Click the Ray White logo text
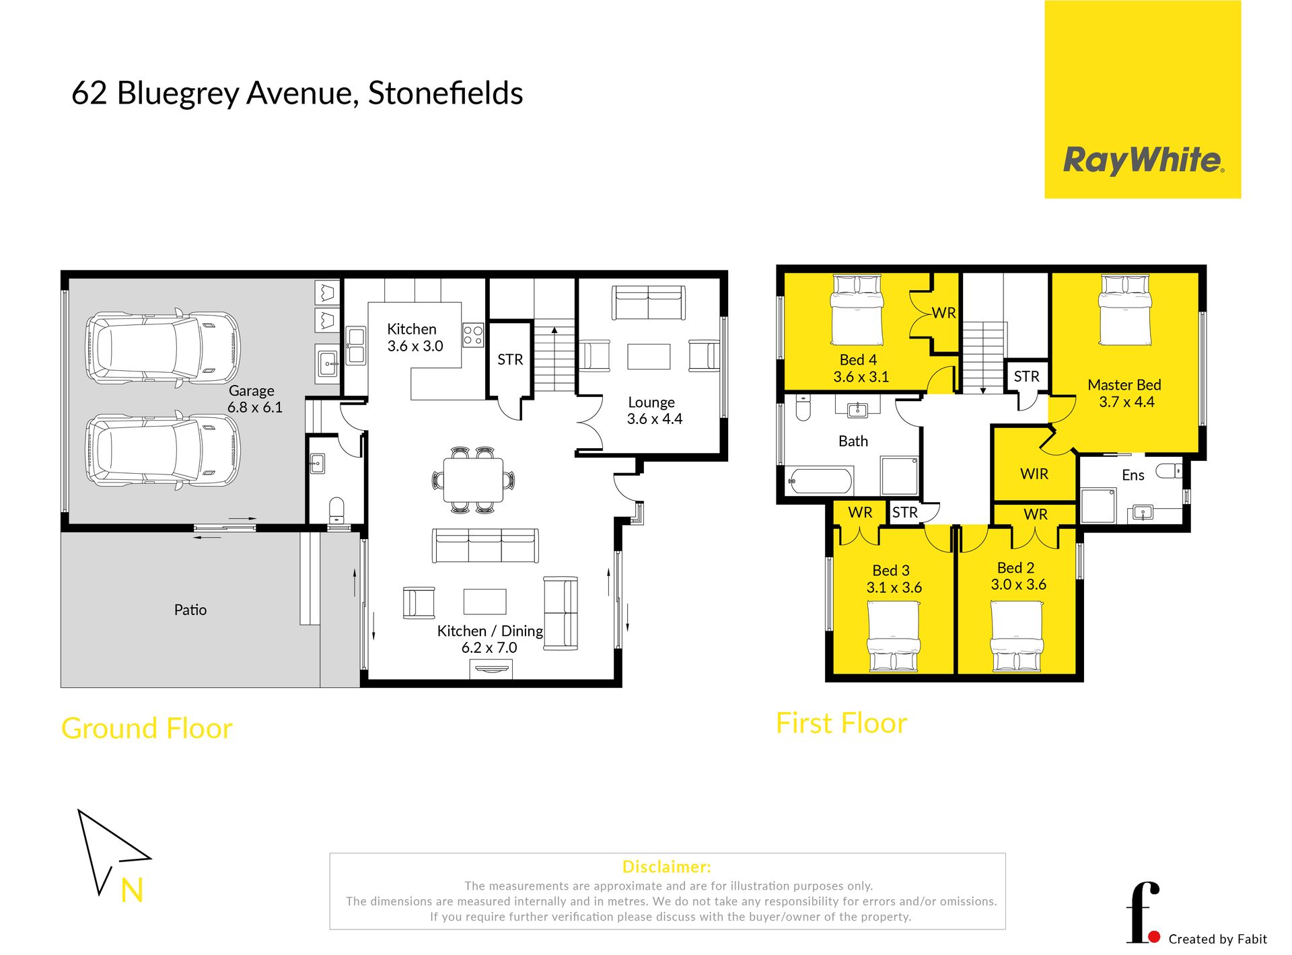click(1143, 161)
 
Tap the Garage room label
click(252, 390)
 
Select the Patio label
click(190, 610)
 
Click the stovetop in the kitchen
click(473, 335)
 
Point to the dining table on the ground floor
click(473, 480)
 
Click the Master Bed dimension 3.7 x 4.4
click(1126, 402)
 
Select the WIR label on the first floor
click(1034, 474)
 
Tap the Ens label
click(1133, 475)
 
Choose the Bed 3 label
click(891, 571)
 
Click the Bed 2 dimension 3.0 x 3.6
click(1018, 584)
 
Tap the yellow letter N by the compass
click(132, 890)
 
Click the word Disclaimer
click(666, 867)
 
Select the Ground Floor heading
click(147, 728)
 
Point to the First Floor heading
click(841, 723)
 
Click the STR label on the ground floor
click(510, 359)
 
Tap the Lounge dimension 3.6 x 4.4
click(654, 419)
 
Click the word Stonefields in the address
click(445, 93)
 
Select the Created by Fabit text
click(1217, 939)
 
